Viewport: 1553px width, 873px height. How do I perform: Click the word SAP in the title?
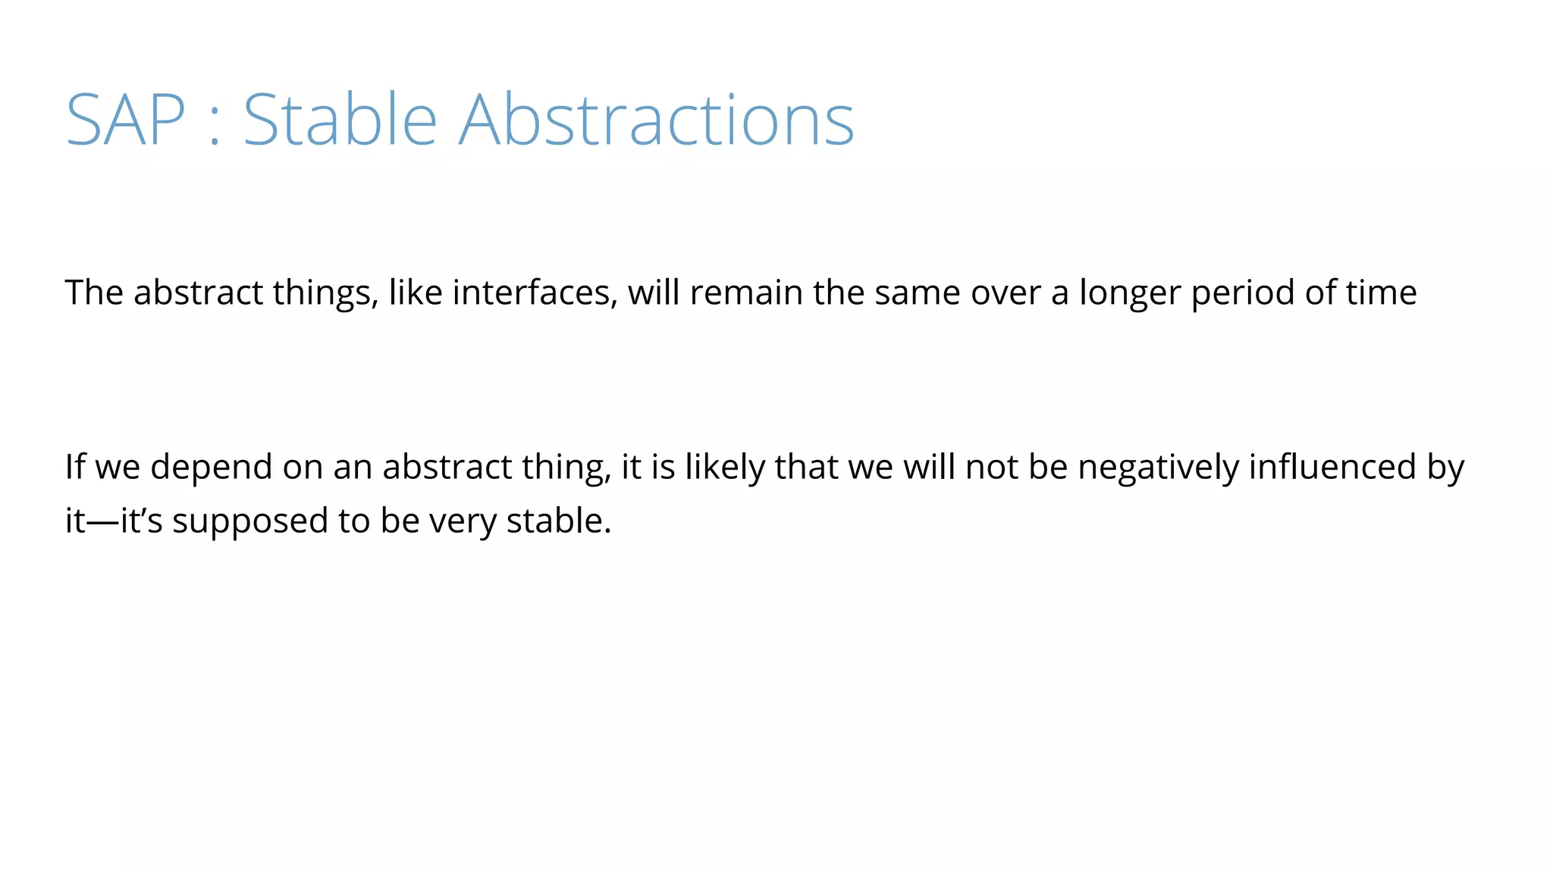coord(125,120)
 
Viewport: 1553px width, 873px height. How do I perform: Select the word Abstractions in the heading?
coord(657,120)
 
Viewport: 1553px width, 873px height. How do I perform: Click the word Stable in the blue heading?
coord(340,120)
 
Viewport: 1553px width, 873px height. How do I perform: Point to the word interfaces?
coord(535,293)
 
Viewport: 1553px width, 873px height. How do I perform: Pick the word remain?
coord(746,293)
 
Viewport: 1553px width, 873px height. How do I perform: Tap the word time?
coord(1381,293)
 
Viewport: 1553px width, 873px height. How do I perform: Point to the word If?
coord(74,467)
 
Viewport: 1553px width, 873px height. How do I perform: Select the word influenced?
coord(1332,467)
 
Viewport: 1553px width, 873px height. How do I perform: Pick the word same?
coord(918,293)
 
